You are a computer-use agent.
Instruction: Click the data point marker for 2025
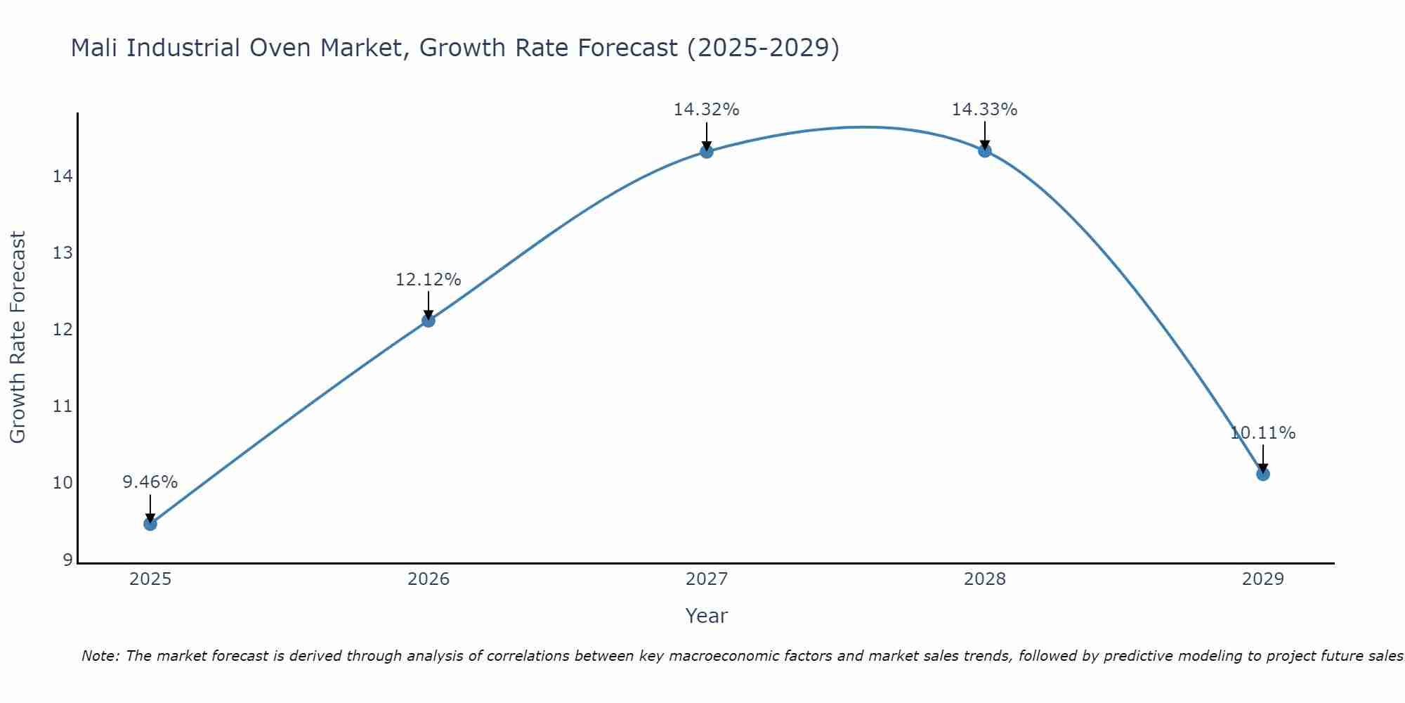click(150, 524)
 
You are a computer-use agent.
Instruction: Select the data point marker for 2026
click(429, 321)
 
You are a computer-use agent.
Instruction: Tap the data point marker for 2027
click(707, 151)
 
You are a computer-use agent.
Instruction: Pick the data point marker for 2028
click(985, 150)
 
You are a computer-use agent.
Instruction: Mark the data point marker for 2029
click(1262, 474)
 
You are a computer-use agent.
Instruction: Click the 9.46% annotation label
click(150, 482)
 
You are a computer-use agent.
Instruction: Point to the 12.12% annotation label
click(429, 280)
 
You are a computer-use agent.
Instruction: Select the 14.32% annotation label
click(707, 110)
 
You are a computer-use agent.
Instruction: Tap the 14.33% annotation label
click(985, 110)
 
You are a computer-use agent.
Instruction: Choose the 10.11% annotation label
click(1262, 433)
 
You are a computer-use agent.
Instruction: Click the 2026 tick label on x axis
click(429, 579)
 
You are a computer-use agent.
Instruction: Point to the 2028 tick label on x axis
click(985, 579)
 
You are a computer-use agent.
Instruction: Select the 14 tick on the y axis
click(63, 176)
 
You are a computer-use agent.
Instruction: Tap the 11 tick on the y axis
click(63, 406)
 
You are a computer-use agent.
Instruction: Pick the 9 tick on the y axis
click(67, 560)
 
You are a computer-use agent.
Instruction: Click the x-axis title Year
click(707, 616)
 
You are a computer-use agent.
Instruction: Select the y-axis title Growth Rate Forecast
click(18, 337)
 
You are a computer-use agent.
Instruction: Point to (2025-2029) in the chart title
click(763, 48)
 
